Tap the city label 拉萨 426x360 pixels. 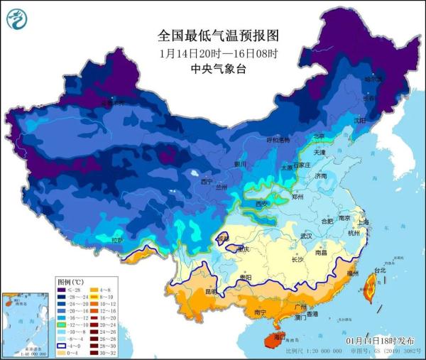click(x=117, y=241)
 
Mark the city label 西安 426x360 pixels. click(x=262, y=204)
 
